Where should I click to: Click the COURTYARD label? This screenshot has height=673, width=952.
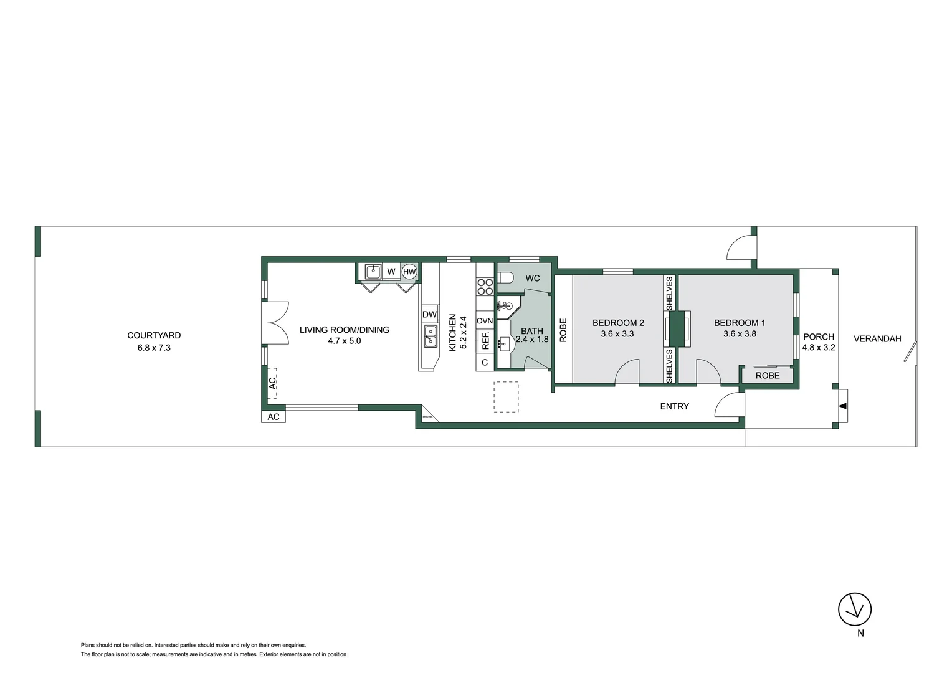[x=154, y=336]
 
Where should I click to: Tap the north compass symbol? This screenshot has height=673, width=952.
[x=854, y=609]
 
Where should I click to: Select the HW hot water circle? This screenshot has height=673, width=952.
[x=409, y=272]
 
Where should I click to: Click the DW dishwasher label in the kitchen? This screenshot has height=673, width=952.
[x=429, y=315]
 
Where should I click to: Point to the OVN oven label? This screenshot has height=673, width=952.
[x=485, y=321]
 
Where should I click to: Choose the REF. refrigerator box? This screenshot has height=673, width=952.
[x=485, y=340]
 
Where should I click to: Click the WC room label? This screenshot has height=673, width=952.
[x=532, y=278]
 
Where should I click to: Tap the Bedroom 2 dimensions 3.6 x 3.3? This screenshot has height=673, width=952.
[x=617, y=334]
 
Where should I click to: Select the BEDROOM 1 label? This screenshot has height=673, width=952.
[x=739, y=323]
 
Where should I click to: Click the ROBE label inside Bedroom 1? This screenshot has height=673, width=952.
[x=768, y=376]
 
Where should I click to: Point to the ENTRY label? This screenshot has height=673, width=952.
[x=674, y=406]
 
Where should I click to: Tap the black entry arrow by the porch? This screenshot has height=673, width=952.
[x=842, y=406]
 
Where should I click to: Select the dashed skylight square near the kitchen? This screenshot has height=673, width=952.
[x=506, y=397]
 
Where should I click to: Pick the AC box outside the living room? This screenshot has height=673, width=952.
[x=274, y=417]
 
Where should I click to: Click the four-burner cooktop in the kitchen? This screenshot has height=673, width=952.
[x=485, y=287]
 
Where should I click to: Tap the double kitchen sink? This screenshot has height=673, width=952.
[x=430, y=336]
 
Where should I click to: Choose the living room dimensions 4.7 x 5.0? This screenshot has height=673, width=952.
[x=344, y=341]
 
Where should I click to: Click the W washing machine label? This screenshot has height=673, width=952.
[x=391, y=272]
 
